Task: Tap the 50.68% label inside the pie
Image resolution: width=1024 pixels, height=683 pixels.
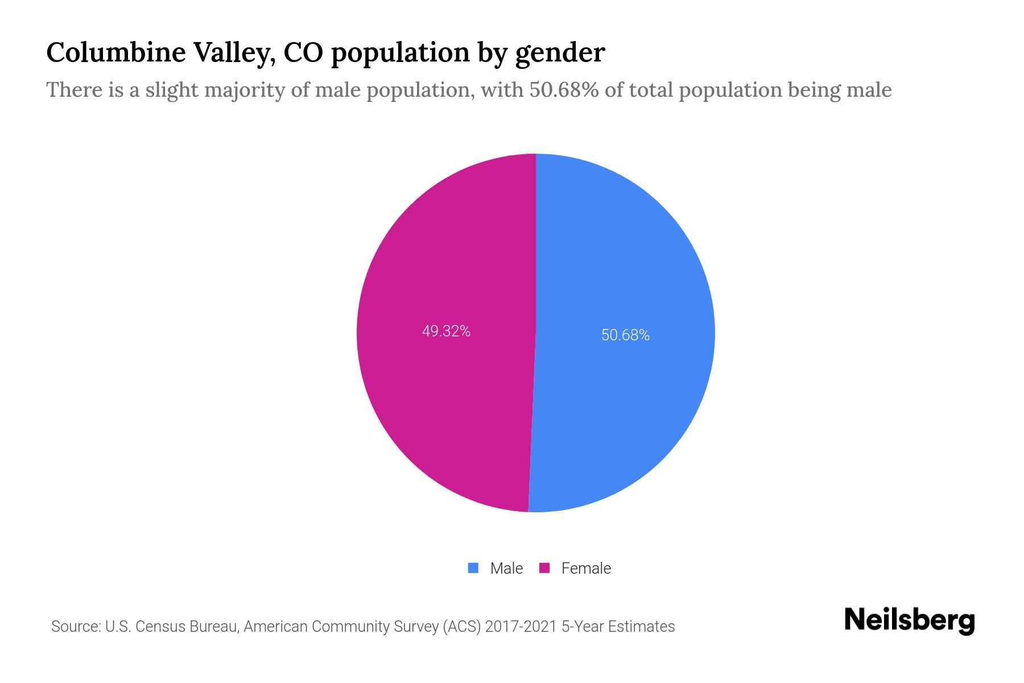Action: (625, 335)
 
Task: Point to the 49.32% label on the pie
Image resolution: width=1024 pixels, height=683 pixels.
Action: (446, 331)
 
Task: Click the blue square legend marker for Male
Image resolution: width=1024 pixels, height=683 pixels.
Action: (473, 568)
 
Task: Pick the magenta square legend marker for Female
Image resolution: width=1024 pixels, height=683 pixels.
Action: (544, 568)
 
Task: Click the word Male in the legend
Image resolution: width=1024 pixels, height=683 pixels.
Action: (506, 568)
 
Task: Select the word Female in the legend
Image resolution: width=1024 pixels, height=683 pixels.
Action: (586, 568)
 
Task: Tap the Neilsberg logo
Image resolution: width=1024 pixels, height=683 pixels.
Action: (909, 620)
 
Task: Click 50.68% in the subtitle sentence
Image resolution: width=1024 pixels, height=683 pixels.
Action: (564, 90)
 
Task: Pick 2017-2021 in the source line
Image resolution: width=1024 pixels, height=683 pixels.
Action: (521, 627)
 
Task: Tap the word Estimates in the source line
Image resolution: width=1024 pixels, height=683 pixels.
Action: (641, 627)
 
